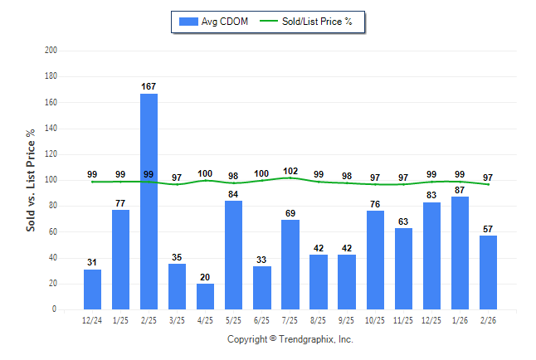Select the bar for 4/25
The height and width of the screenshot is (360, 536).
pos(205,296)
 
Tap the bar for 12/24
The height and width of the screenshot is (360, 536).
pos(92,289)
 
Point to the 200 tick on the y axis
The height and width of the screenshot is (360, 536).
pos(51,51)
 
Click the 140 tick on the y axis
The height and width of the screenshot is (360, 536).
pos(51,129)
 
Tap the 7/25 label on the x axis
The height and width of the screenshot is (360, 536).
pos(290,319)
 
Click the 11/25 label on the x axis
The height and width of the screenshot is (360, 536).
pos(403,319)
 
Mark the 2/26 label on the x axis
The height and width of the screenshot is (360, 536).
pos(488,319)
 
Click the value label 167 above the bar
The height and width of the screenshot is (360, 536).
pos(149,86)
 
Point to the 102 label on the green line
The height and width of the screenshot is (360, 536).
pos(290,170)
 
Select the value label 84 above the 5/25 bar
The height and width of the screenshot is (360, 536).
pos(233,194)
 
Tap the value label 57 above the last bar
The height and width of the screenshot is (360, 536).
pos(488,228)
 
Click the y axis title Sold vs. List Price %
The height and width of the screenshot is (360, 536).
pos(31,180)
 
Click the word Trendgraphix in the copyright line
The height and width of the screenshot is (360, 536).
pos(306,339)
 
